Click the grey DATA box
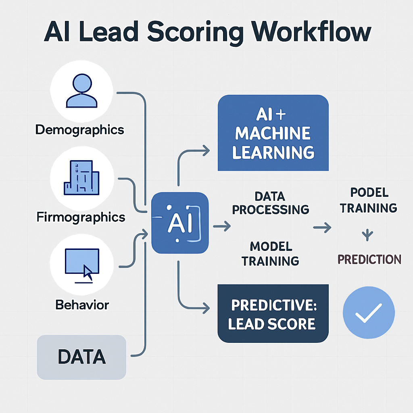[x=81, y=357]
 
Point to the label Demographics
[x=79, y=130]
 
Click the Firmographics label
[x=81, y=217]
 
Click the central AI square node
[x=180, y=223]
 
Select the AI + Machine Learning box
[x=273, y=133]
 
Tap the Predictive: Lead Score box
[x=273, y=313]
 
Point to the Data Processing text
[x=271, y=203]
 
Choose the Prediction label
[x=369, y=259]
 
